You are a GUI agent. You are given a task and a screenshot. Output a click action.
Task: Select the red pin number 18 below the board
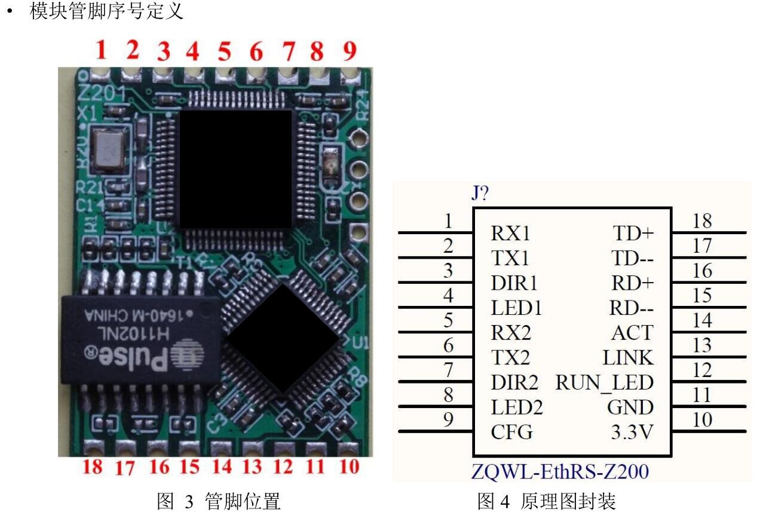coord(93,466)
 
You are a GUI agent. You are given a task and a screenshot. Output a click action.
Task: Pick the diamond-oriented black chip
coord(281,338)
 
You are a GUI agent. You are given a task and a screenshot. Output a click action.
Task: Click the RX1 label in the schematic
coord(510,232)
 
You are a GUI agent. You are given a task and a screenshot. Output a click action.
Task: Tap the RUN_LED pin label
coord(605,382)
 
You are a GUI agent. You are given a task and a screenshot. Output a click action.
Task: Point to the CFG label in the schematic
coord(511,432)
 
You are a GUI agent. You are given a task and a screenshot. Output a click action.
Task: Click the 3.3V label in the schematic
coord(632,432)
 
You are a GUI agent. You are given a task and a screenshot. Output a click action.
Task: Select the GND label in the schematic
coord(630,407)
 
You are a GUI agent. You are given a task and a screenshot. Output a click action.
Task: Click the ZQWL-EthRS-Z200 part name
coord(560,472)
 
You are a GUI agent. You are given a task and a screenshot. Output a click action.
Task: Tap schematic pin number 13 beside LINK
coord(702,345)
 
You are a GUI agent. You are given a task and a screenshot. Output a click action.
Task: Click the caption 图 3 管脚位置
coord(218,501)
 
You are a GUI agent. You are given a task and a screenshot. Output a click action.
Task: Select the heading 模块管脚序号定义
coord(106,12)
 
